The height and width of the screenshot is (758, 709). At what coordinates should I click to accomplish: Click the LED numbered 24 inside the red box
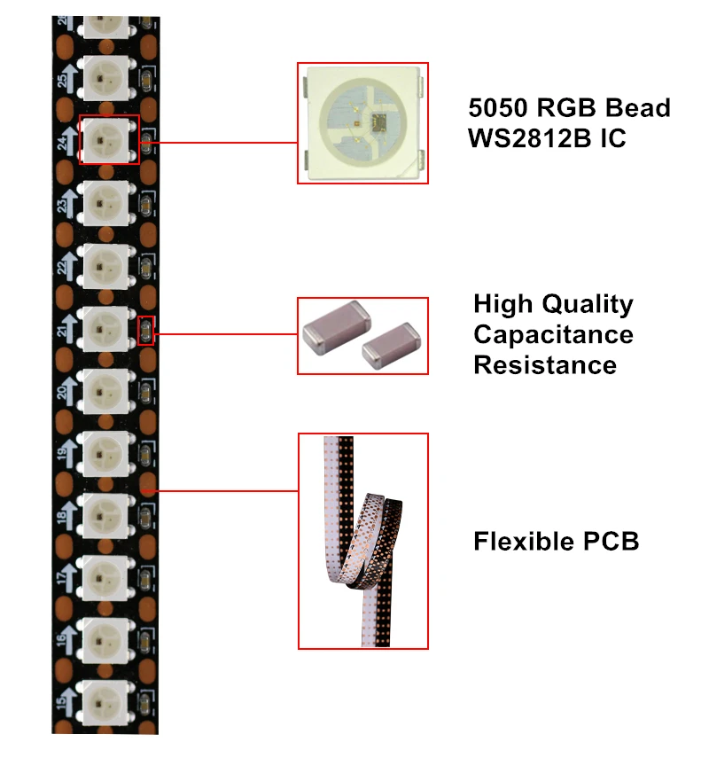(108, 140)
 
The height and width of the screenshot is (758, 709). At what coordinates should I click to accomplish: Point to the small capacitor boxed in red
(147, 331)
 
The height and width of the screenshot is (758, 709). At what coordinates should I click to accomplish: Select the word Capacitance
(553, 334)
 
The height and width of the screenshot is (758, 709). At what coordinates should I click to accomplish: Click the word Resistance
(544, 364)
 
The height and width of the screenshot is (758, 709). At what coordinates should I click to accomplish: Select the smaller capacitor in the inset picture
(389, 345)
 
